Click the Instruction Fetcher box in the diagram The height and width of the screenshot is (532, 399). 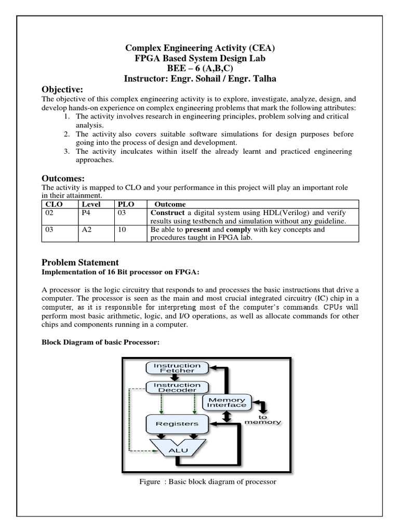[177, 368]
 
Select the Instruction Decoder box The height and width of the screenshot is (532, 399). [177, 387]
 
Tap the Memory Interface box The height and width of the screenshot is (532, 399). [227, 402]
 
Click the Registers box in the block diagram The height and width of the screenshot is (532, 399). [177, 423]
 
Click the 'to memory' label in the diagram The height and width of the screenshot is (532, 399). [262, 420]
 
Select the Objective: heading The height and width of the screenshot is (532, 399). [62, 89]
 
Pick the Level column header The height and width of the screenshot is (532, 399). [91, 204]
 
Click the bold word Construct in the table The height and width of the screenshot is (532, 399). [167, 213]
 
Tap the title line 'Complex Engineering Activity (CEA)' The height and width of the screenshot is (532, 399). [200, 48]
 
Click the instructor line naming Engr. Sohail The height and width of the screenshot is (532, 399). [200, 79]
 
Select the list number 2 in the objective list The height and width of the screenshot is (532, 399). [67, 134]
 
